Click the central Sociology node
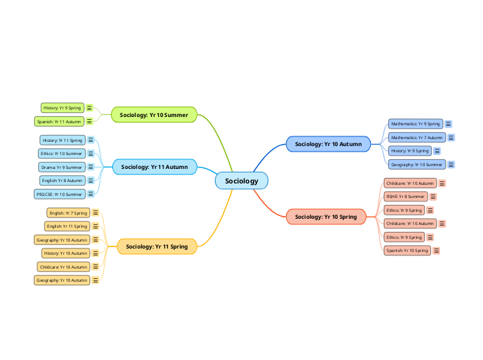(x=241, y=181)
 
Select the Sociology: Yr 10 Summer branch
(x=154, y=114)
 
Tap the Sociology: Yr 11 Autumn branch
(x=154, y=167)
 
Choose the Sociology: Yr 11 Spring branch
(x=157, y=246)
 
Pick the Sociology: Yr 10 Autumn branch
(x=328, y=144)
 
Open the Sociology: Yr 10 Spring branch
(x=326, y=217)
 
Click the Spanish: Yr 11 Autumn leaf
(x=59, y=121)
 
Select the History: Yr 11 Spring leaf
(x=62, y=140)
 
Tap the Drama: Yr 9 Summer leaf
(x=62, y=167)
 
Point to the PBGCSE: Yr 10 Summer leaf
(x=59, y=194)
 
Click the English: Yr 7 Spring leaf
(x=68, y=213)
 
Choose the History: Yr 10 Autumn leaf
(x=66, y=253)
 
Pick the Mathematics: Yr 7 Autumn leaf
(x=416, y=137)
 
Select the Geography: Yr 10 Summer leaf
(x=416, y=165)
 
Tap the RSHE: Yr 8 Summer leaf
(x=405, y=196)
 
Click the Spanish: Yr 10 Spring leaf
(x=407, y=251)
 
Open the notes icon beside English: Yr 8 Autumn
(x=91, y=181)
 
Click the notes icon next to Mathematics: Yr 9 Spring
(x=448, y=124)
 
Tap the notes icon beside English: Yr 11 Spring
(x=96, y=226)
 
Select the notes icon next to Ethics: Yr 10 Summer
(x=91, y=153)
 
